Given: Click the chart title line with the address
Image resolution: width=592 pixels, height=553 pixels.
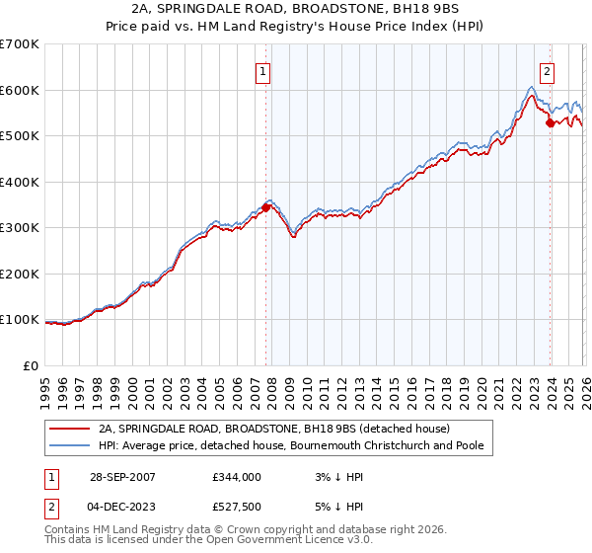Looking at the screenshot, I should click(295, 9).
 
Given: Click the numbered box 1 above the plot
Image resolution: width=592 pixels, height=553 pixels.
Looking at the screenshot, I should click(264, 70).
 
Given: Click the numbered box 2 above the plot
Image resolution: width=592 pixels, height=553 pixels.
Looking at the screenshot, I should click(547, 70).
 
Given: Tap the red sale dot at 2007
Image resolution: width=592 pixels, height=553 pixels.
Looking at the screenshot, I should click(265, 207).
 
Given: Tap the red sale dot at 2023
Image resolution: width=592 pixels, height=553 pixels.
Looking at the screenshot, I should click(550, 123).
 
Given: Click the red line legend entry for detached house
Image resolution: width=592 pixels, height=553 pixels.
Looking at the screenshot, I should click(273, 429).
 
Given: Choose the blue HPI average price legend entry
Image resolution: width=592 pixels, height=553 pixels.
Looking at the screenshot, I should click(289, 446).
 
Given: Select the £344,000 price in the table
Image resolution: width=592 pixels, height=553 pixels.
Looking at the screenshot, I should click(237, 476).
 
